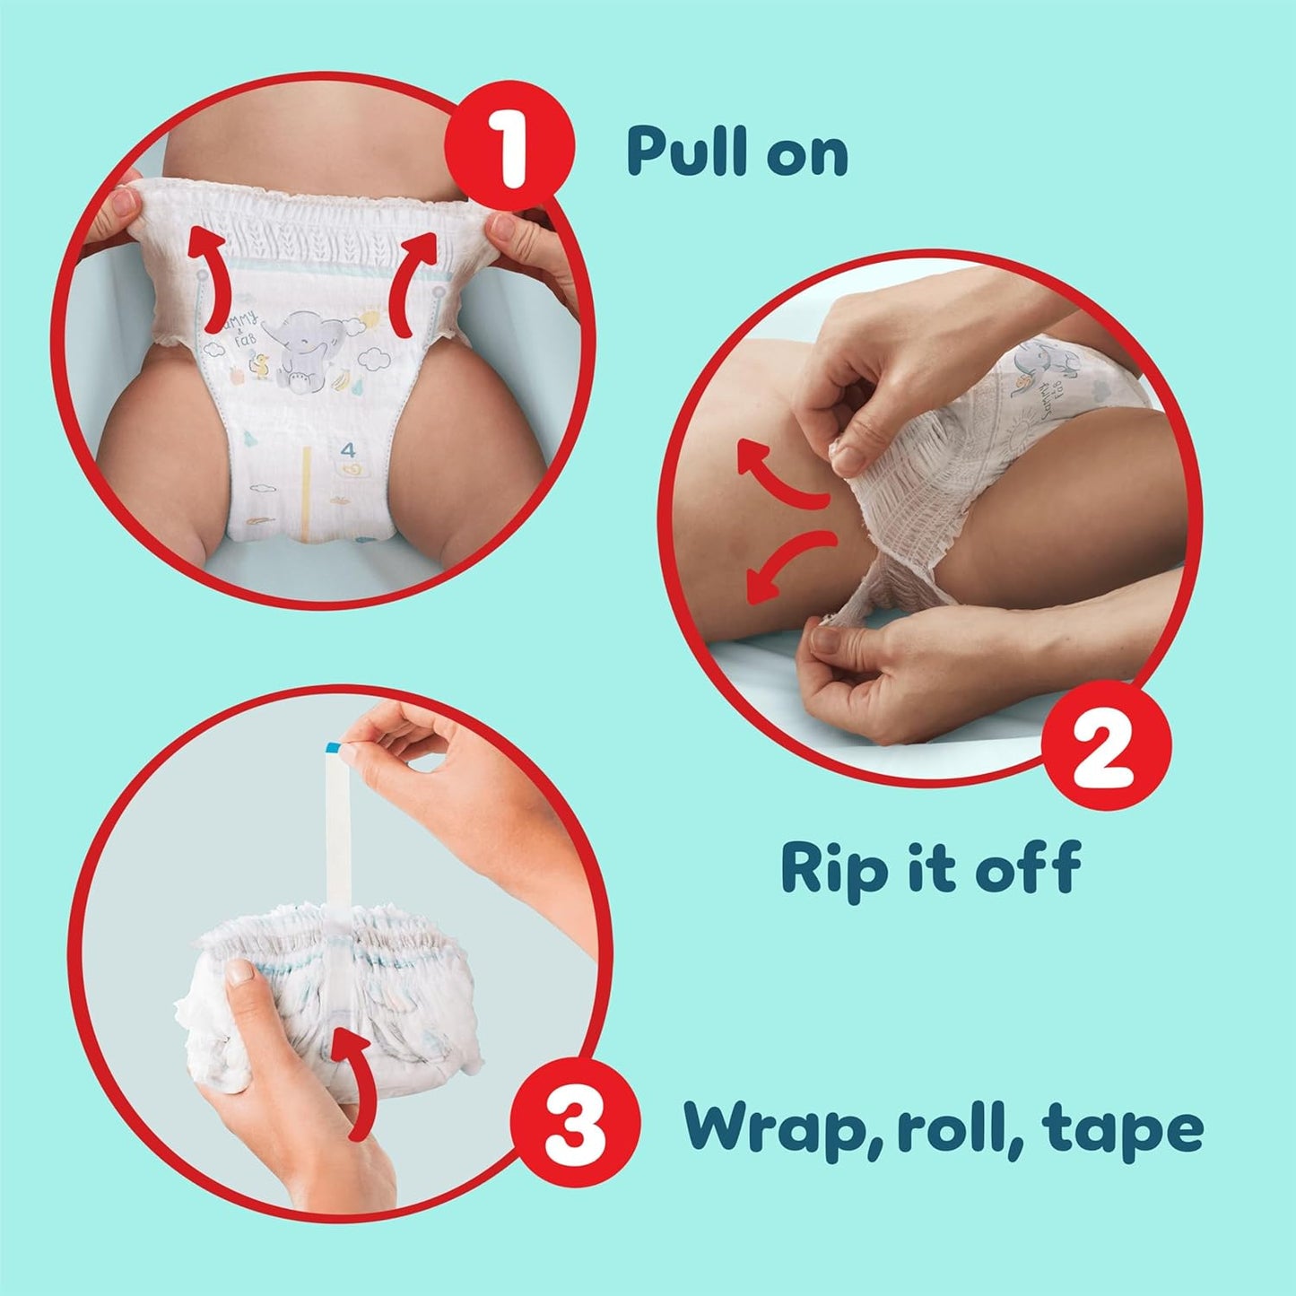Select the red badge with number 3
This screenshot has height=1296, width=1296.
[575, 1122]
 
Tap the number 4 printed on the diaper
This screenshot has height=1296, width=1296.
[347, 448]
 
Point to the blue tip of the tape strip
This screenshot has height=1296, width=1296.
[333, 747]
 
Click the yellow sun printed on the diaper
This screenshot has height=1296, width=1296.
[369, 318]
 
